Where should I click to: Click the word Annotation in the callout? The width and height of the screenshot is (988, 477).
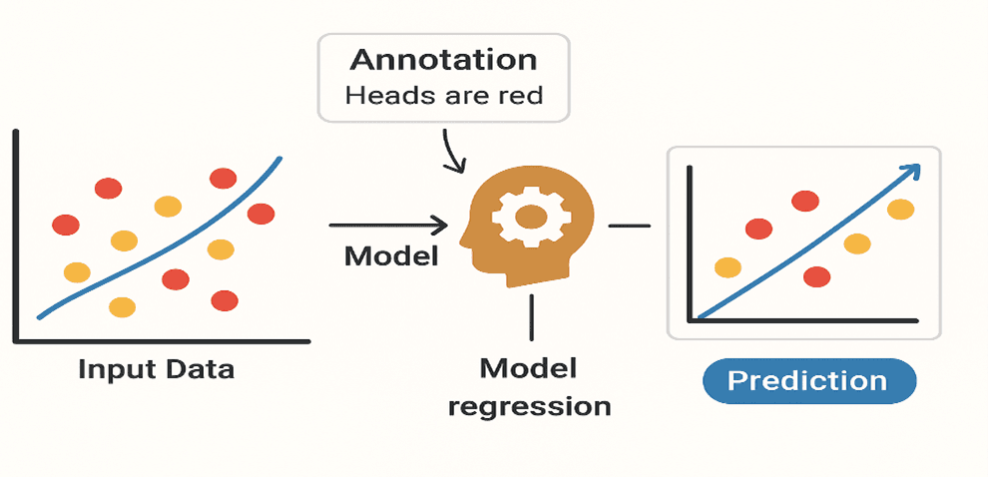click(x=443, y=60)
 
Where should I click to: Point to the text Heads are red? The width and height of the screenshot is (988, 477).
click(x=443, y=98)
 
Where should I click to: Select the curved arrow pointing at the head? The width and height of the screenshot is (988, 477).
click(x=450, y=153)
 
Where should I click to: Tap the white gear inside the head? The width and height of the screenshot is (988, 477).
click(x=530, y=215)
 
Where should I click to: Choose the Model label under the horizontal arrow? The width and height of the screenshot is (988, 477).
click(x=391, y=256)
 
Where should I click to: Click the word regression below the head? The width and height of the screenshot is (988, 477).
click(x=529, y=406)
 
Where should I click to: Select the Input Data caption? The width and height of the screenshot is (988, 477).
click(x=157, y=369)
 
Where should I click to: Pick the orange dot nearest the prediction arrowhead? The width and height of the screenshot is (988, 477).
click(x=900, y=210)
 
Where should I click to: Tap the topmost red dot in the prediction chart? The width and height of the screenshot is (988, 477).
click(x=805, y=202)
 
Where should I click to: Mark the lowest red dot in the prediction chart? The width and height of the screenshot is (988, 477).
click(x=816, y=276)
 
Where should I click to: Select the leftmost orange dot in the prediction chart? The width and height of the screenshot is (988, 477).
click(x=728, y=267)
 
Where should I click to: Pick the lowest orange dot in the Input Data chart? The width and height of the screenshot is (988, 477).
click(x=121, y=307)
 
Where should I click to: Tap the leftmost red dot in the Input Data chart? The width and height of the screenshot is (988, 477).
click(x=66, y=225)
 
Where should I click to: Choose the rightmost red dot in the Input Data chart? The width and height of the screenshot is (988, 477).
click(x=260, y=214)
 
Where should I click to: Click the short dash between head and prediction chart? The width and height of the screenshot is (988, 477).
click(x=629, y=226)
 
